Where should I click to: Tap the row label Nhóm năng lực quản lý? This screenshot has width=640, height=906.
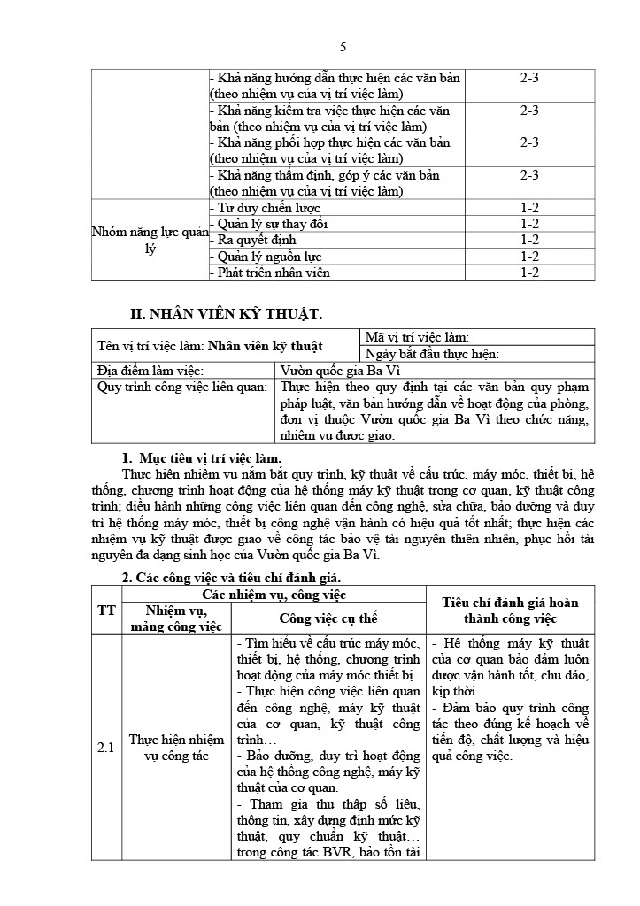150,241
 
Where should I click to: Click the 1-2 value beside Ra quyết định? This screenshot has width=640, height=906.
529,240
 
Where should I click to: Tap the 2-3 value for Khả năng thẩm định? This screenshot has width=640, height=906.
529,175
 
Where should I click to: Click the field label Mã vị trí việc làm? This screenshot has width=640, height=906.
417,337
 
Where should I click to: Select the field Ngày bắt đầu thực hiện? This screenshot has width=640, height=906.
433,354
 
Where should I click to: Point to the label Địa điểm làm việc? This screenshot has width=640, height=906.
150,371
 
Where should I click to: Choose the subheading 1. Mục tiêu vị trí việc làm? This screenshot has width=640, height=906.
201,457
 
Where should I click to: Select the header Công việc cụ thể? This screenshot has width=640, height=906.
328,618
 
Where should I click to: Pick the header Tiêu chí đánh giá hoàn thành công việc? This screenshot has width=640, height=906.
511,610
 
